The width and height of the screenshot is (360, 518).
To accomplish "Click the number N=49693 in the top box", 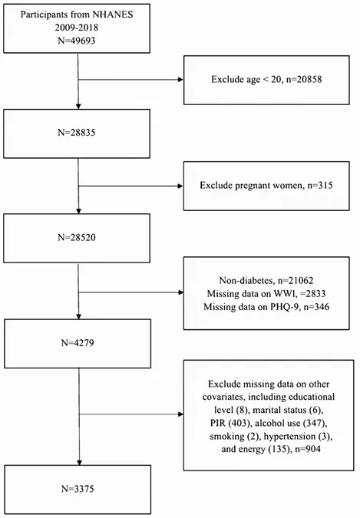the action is coord(76,41).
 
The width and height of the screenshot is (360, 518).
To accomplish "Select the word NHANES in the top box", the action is coord(112,15).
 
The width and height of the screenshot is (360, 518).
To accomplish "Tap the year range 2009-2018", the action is coord(77,28).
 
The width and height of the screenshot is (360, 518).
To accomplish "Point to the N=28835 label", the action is coord(77,133).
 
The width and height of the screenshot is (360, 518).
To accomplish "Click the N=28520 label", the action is coord(77,238).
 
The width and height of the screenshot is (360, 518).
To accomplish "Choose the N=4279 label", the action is coord(78,343).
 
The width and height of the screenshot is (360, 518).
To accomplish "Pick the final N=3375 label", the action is coord(78,489).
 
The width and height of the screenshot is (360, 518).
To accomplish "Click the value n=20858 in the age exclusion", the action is coord(304,80).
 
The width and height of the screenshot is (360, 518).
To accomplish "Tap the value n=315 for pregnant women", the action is coord(320,186).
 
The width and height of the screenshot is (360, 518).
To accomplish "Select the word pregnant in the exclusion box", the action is coord(253,186).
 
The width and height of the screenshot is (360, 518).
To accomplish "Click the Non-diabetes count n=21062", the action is coord(295,280).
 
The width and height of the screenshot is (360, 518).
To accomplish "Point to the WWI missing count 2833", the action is coord(315,294).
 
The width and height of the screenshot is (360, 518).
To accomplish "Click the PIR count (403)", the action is coord(239,423).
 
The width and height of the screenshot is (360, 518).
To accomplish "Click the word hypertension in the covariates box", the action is coord(289,437).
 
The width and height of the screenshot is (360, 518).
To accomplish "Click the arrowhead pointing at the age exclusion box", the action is coord(180,80).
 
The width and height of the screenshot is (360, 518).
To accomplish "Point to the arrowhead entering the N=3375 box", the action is coord(79,463).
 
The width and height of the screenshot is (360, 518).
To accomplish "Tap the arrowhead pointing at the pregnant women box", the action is coord(180,186).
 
